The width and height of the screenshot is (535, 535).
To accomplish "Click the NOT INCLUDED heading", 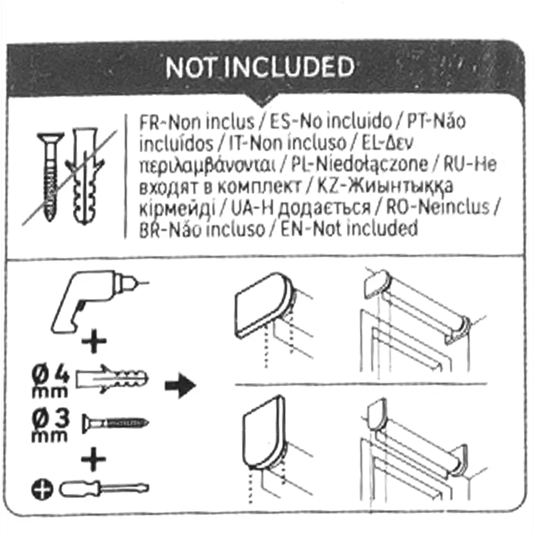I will pyautogui.click(x=259, y=68).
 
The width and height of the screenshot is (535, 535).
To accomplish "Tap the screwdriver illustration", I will pyautogui.click(x=104, y=488).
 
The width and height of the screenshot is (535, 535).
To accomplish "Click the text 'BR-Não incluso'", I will pyautogui.click(x=202, y=230).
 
